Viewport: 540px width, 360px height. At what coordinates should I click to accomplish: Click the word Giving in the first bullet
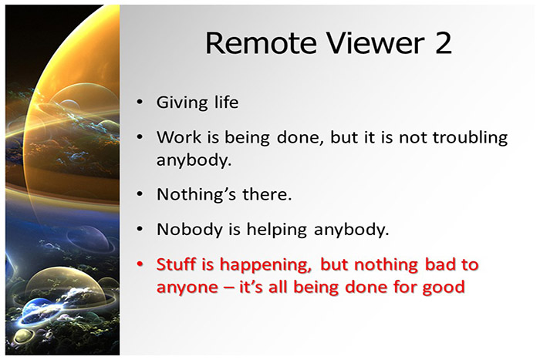tap(181, 103)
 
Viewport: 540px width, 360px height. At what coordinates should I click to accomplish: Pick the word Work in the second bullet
tap(177, 137)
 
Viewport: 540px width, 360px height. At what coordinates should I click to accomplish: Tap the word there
tap(266, 194)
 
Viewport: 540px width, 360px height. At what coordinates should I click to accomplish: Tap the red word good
tap(445, 288)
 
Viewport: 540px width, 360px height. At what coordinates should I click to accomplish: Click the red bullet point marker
tap(139, 264)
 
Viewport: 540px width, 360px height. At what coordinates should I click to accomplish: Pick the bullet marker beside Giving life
tap(139, 103)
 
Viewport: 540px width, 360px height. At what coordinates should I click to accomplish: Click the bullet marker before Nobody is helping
tap(139, 229)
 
